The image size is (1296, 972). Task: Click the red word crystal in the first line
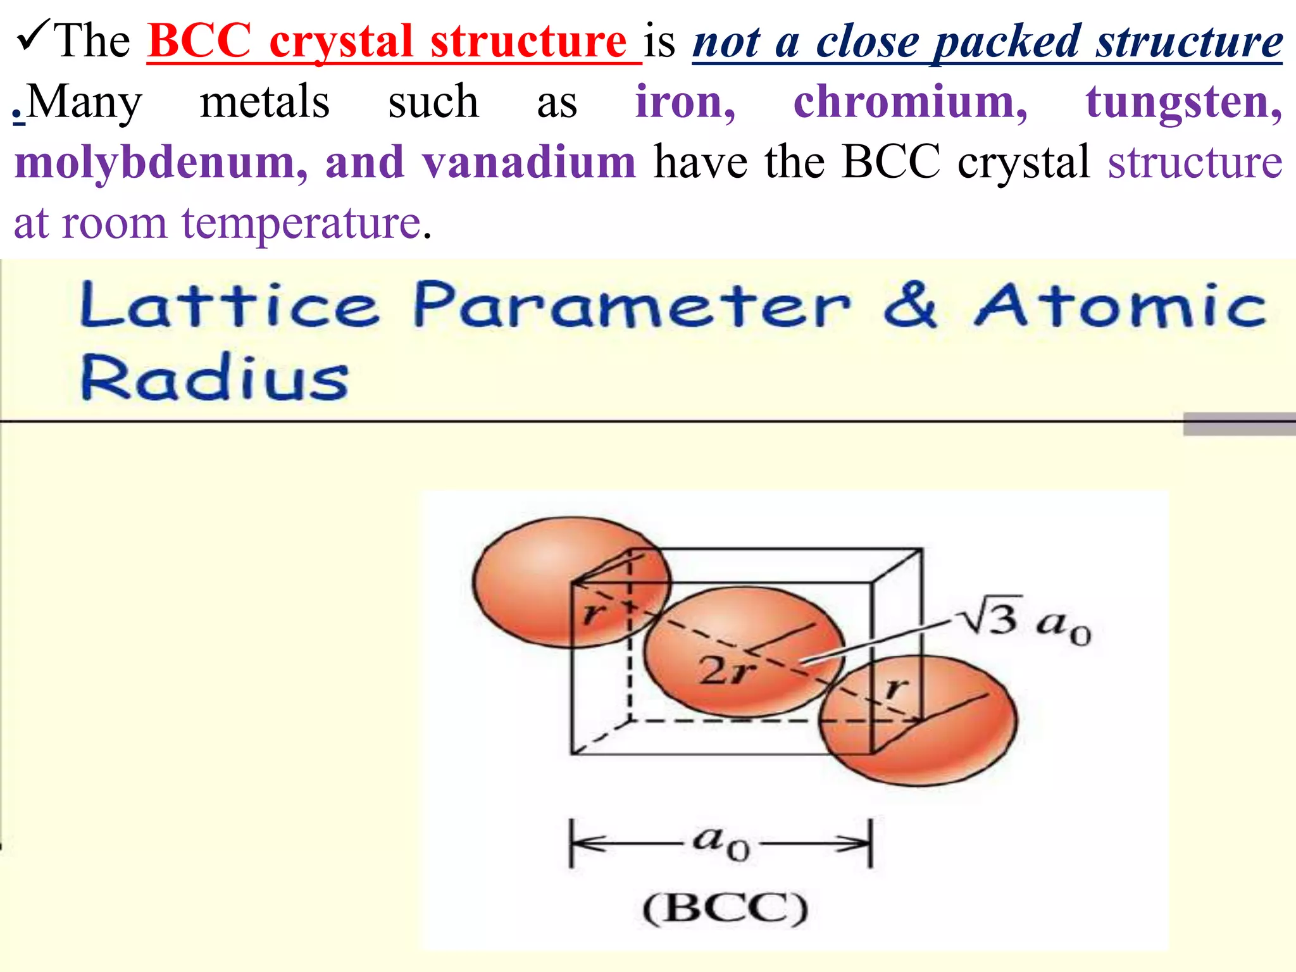(341, 42)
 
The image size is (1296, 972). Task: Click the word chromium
(910, 102)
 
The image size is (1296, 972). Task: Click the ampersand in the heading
(909, 306)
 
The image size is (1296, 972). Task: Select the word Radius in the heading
(215, 378)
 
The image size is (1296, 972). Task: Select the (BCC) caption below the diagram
(725, 909)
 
